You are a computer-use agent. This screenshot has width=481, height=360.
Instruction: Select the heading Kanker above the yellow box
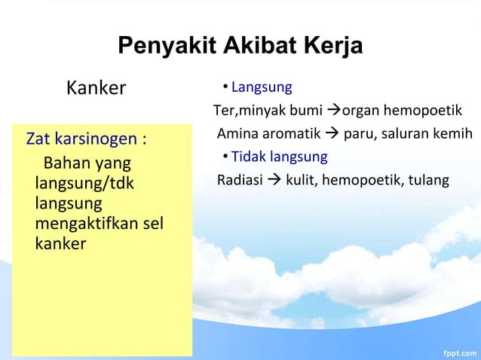[x=96, y=88]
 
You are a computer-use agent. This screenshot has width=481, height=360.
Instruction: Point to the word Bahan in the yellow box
[x=65, y=163]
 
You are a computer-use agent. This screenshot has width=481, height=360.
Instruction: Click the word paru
[x=359, y=135]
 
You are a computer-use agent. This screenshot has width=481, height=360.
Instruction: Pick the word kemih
[x=454, y=135]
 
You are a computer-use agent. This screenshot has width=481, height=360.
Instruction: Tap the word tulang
[x=430, y=180]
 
